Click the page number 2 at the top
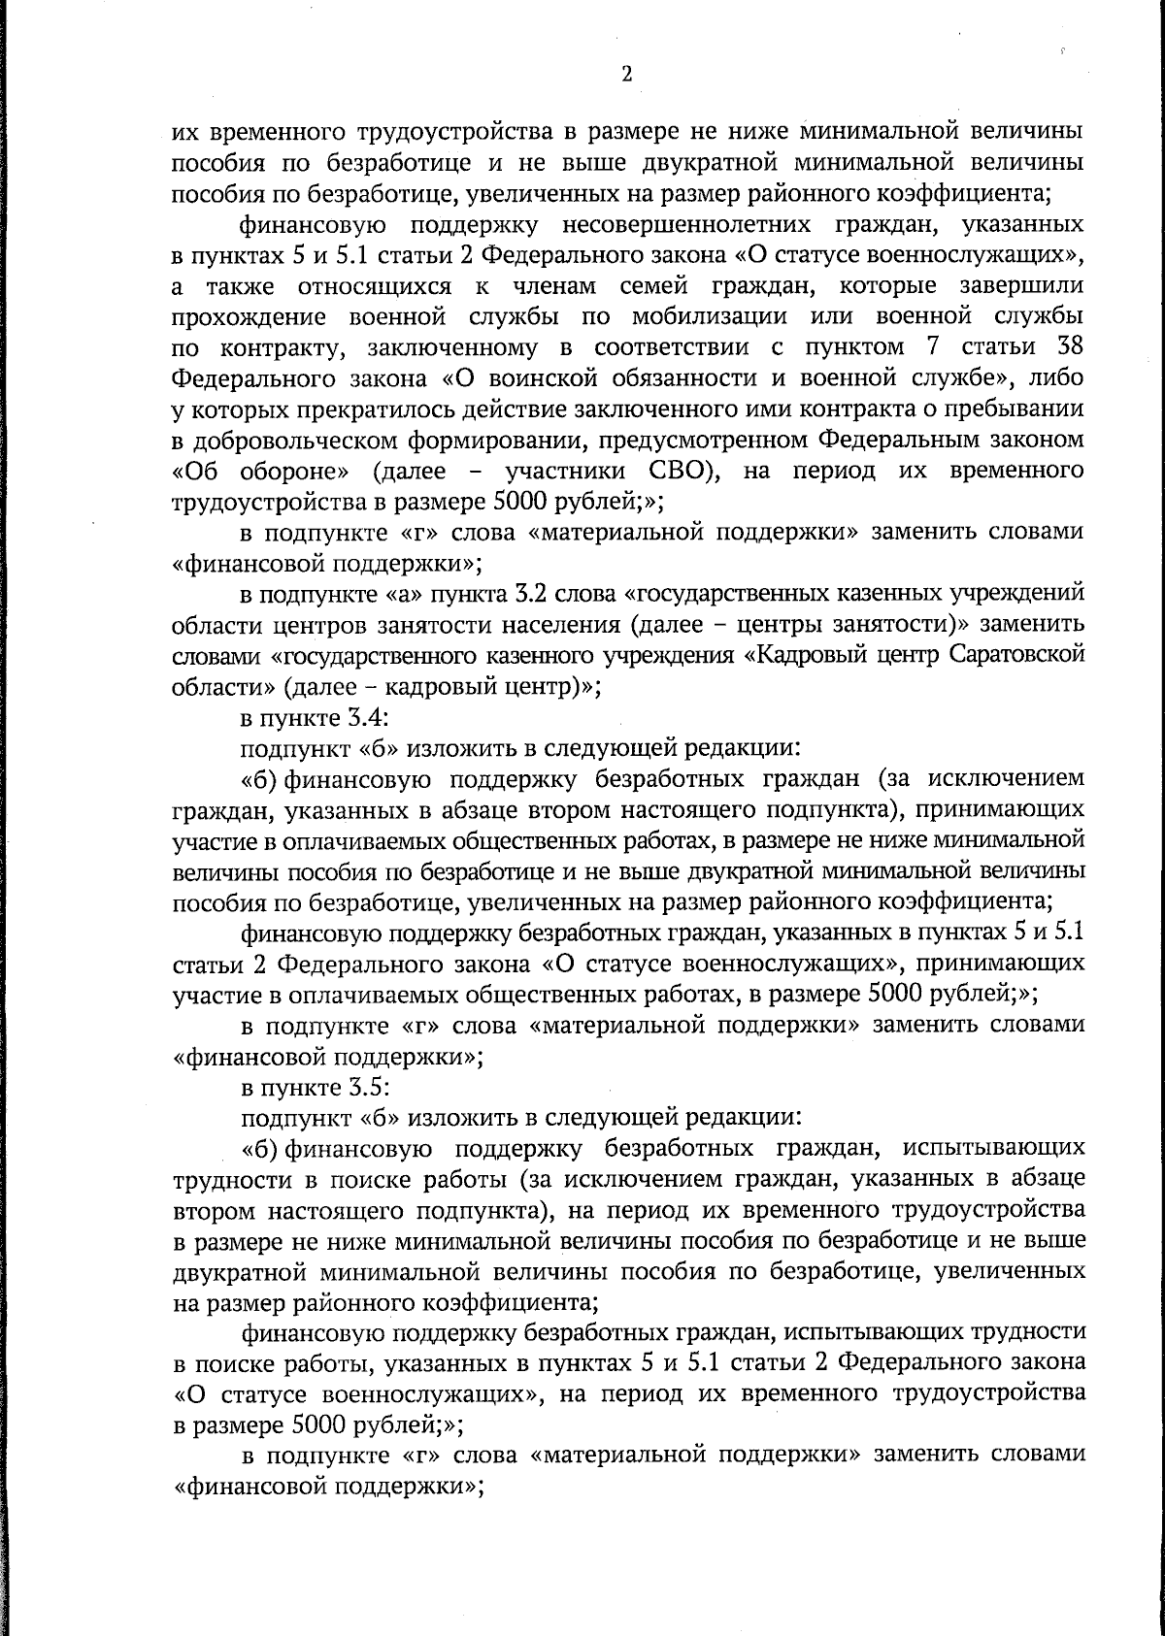626,75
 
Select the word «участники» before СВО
554,472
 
